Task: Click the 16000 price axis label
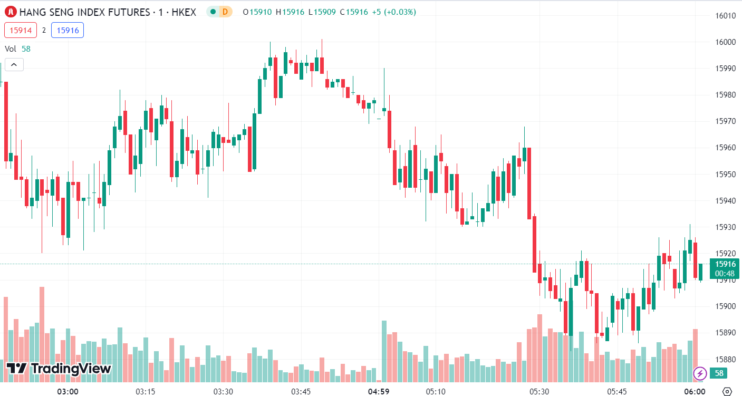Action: coord(725,42)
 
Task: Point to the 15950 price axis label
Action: coord(725,174)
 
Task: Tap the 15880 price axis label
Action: coord(725,359)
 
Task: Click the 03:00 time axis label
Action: coord(68,392)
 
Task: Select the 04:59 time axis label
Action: coord(379,392)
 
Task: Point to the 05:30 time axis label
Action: coord(539,392)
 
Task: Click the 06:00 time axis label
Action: coord(695,392)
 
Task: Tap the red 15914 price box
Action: coord(21,31)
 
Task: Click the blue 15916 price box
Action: coord(68,31)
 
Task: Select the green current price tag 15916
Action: coord(725,264)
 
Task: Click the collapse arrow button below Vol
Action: coord(14,65)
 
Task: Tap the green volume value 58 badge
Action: coord(718,373)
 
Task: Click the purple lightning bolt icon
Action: coord(700,373)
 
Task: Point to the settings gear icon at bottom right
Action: coord(727,392)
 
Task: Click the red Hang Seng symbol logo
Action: coord(10,12)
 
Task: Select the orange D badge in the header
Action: coord(226,12)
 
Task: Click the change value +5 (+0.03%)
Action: coord(393,12)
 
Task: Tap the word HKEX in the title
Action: coord(184,12)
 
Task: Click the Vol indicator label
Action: coord(11,49)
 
